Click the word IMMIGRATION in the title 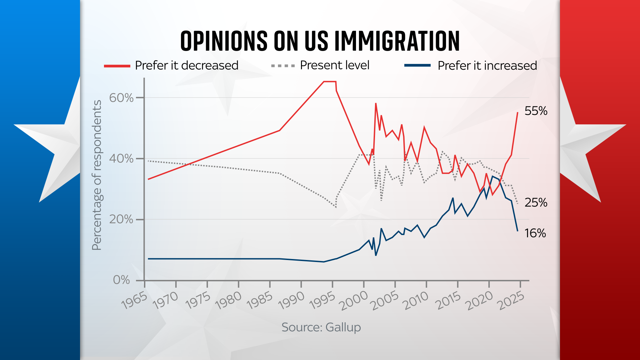397,41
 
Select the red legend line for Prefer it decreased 117,66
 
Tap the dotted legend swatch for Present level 283,66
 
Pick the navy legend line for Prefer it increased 417,66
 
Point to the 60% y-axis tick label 121,98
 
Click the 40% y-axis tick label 121,158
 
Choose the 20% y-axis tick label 121,219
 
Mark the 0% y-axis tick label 122,280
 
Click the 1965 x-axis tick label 134,301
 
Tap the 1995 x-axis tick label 322,301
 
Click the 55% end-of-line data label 536,111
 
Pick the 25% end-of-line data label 536,203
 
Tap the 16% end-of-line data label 535,233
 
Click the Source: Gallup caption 321,327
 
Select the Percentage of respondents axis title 97,175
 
